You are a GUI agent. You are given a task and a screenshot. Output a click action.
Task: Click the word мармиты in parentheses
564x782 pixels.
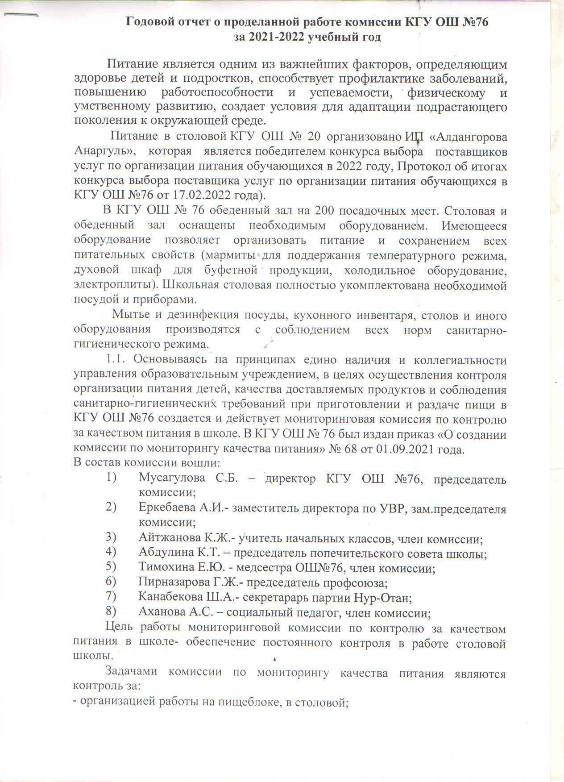(x=231, y=256)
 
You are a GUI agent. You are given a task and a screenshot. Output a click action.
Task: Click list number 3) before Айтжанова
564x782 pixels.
(x=111, y=538)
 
